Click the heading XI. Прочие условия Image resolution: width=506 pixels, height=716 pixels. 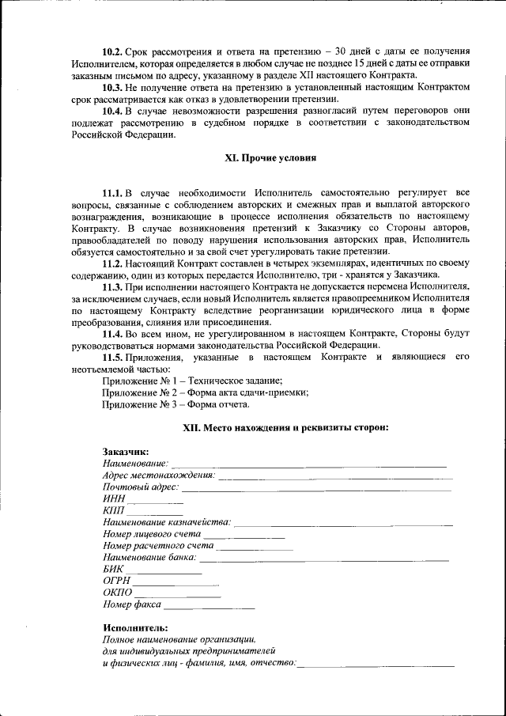pyautogui.click(x=270, y=158)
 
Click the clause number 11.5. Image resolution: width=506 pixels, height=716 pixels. pyautogui.click(x=115, y=358)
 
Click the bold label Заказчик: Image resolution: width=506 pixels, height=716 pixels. pyautogui.click(x=126, y=451)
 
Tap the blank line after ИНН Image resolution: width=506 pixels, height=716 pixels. pyautogui.click(x=161, y=503)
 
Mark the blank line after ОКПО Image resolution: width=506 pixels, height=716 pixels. pyautogui.click(x=177, y=596)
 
